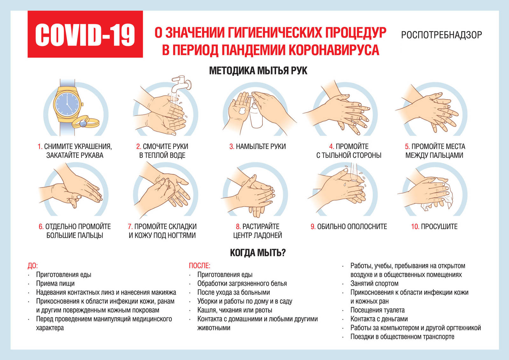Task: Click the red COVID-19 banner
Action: click(x=85, y=34)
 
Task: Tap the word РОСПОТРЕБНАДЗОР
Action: click(x=442, y=35)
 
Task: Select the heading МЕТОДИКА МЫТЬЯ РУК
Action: click(x=258, y=71)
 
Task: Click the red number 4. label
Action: click(x=331, y=146)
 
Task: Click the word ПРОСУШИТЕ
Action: click(x=439, y=227)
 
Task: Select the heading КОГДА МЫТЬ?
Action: click(x=258, y=253)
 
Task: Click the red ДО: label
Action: click(x=33, y=266)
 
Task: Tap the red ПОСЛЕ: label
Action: click(x=200, y=265)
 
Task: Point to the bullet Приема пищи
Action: click(x=55, y=284)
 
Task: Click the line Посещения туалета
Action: click(x=377, y=310)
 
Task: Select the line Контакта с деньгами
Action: click(x=379, y=319)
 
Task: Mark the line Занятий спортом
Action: click(x=374, y=284)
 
